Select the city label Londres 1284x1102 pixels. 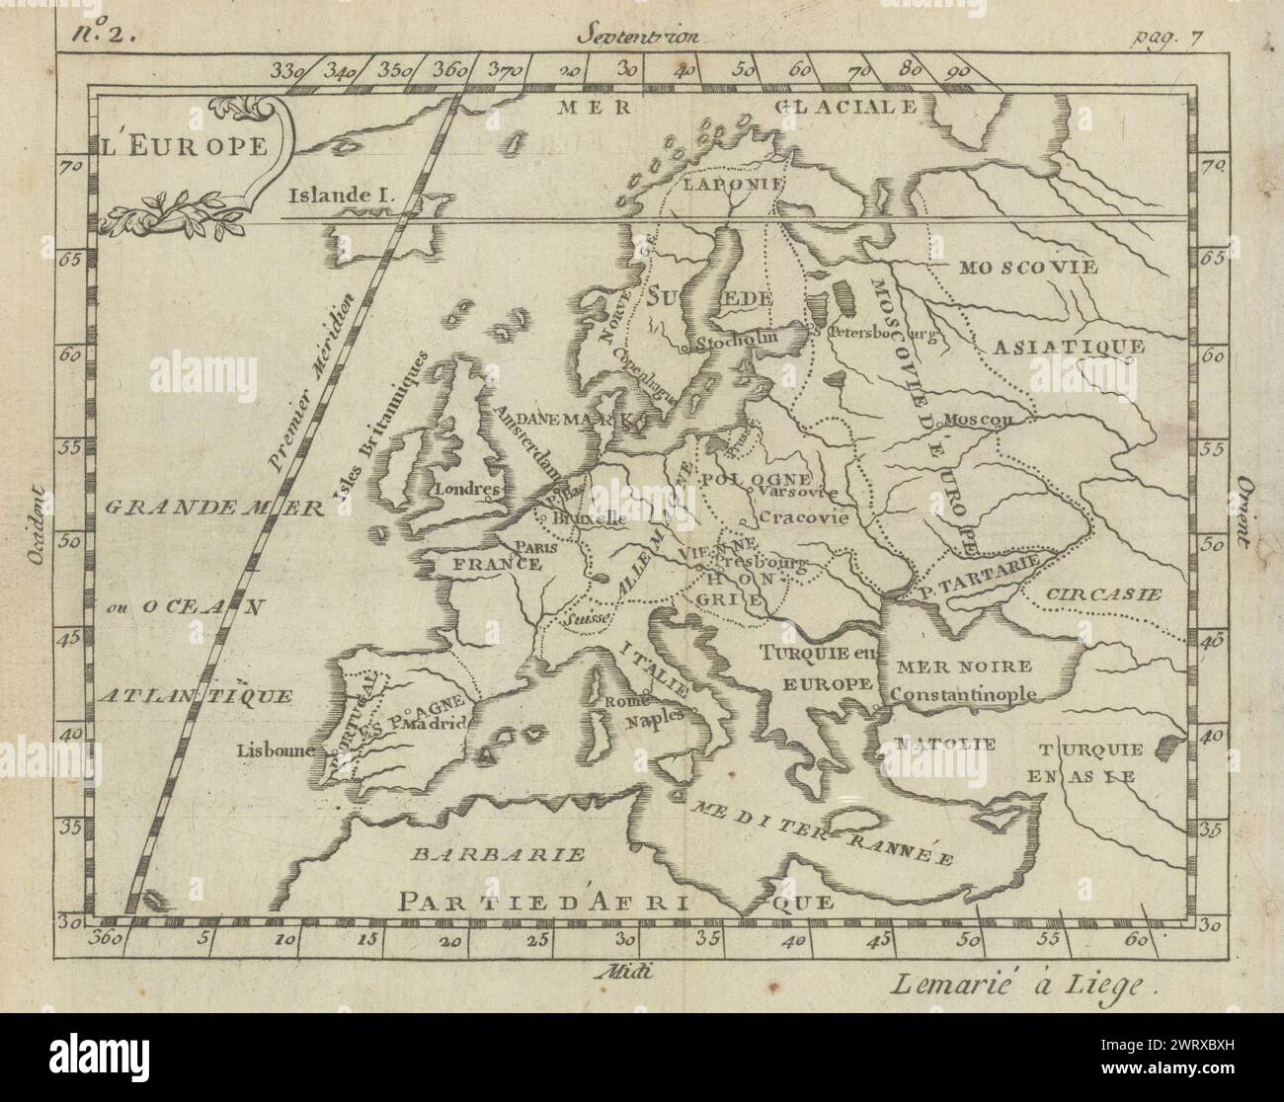click(x=469, y=489)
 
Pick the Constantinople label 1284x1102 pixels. click(x=963, y=693)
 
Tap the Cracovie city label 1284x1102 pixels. click(x=806, y=517)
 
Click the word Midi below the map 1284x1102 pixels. click(x=626, y=970)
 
